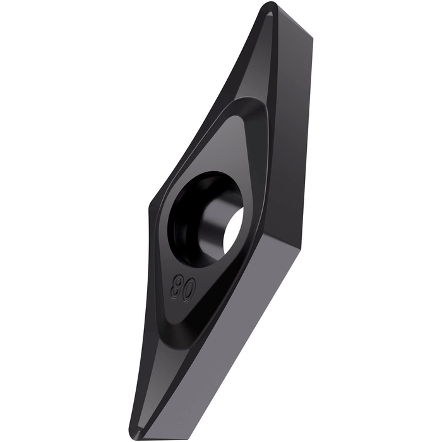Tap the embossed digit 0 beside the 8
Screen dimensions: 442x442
(189, 292)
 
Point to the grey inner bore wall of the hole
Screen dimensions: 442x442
(212, 223)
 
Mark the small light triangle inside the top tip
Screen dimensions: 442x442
(269, 13)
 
